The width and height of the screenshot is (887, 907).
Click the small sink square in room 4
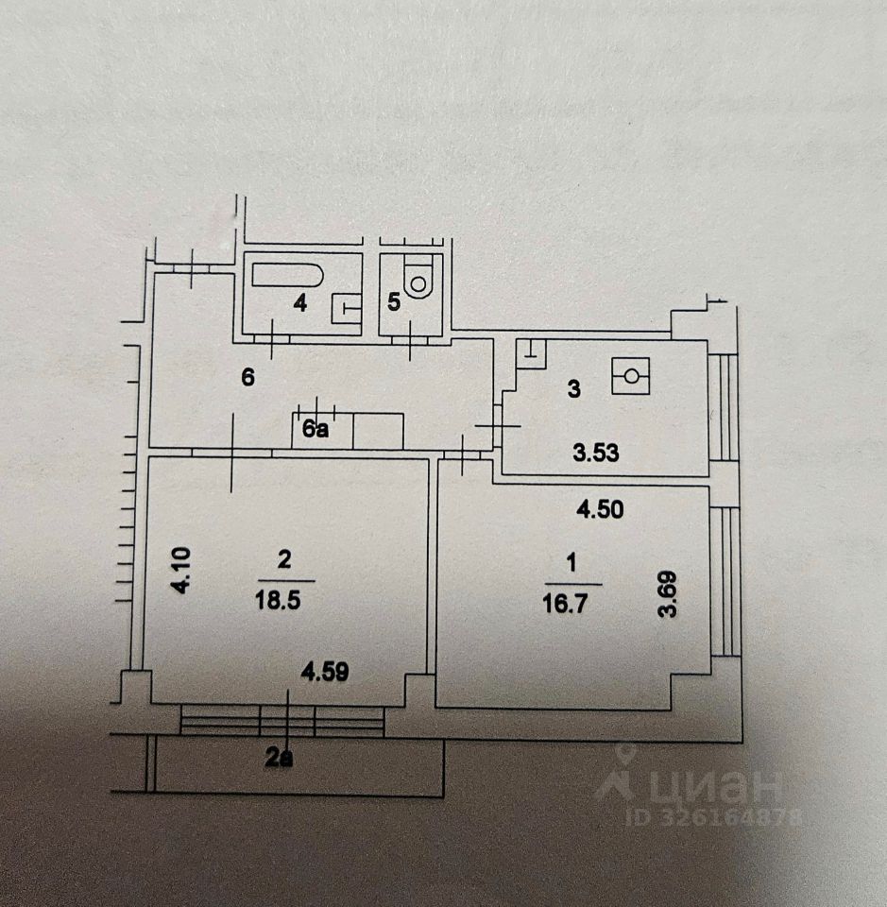(347, 307)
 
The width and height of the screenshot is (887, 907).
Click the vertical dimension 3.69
(670, 595)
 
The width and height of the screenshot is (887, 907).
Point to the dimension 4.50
(600, 509)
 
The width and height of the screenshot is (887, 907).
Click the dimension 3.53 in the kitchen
(595, 453)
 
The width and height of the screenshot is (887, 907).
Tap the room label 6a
(315, 431)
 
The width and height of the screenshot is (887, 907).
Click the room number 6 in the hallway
(248, 378)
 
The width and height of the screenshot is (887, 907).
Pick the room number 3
(573, 388)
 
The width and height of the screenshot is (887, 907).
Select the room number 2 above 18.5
(284, 561)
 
